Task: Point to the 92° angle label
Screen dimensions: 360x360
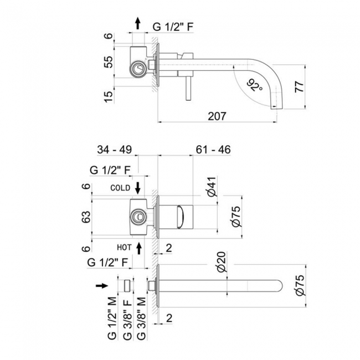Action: click(254, 86)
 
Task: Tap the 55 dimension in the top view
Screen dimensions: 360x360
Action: click(109, 61)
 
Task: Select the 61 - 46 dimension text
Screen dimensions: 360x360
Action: click(213, 150)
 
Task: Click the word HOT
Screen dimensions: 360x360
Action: click(124, 247)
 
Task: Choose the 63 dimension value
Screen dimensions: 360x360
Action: click(86, 218)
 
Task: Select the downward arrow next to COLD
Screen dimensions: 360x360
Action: click(138, 187)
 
